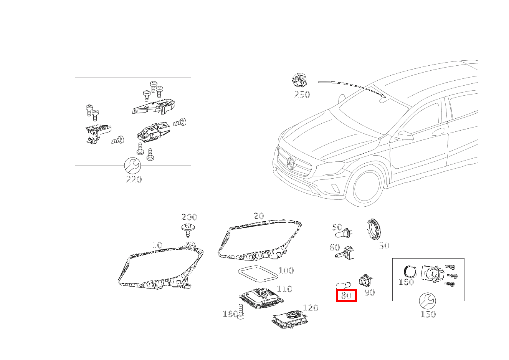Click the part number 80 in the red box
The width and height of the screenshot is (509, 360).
(346, 295)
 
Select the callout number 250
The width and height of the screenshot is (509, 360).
(302, 95)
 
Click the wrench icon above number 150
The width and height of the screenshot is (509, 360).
(427, 301)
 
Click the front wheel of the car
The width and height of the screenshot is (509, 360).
(368, 187)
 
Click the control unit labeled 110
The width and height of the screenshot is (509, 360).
(261, 298)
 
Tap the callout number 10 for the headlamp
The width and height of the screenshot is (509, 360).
(157, 245)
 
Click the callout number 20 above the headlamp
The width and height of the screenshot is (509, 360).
(259, 216)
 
